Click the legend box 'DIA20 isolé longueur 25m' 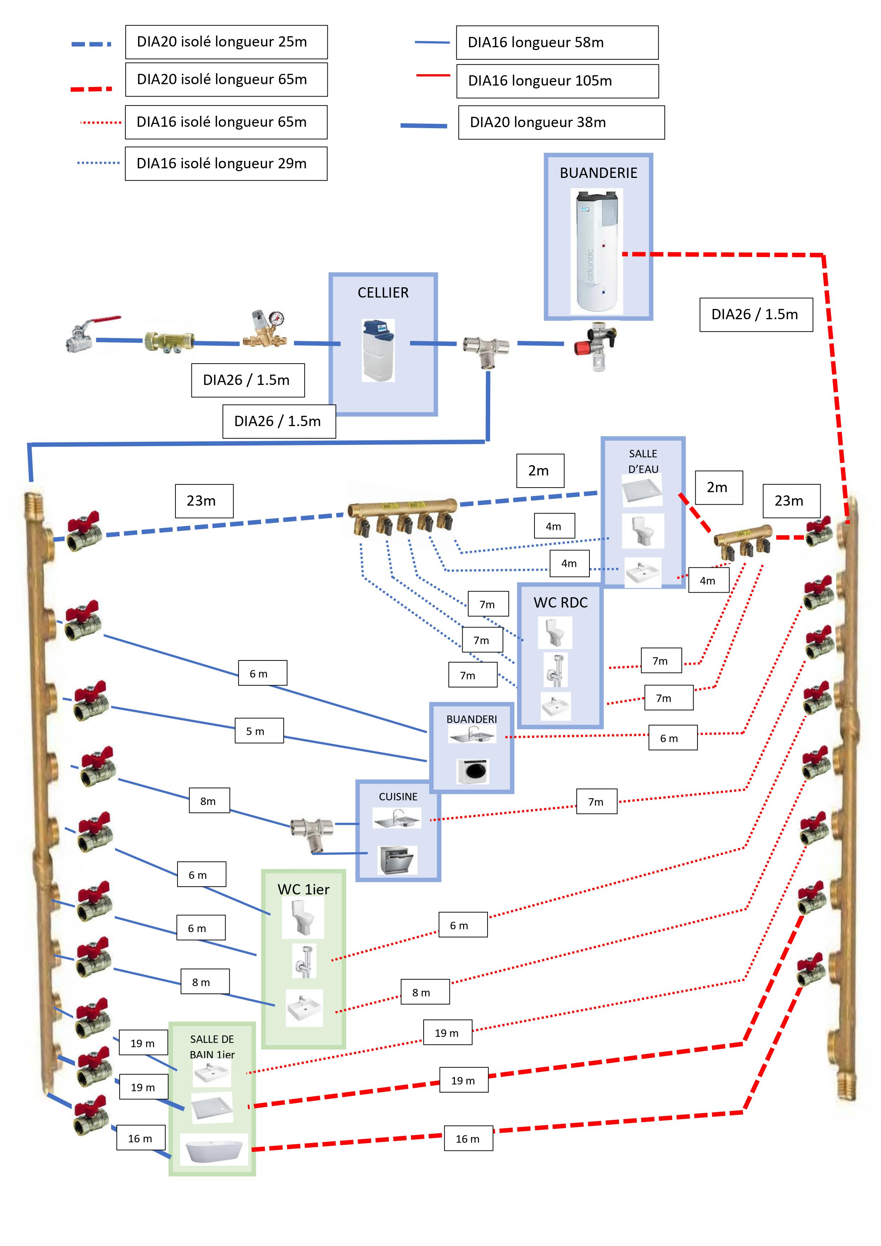point(226,42)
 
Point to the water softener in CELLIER point(378,350)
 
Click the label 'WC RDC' point(560,602)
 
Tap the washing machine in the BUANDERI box point(473,771)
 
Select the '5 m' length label point(259,730)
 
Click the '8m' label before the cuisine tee point(209,800)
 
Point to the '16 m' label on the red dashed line point(468,1138)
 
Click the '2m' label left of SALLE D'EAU point(539,470)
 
